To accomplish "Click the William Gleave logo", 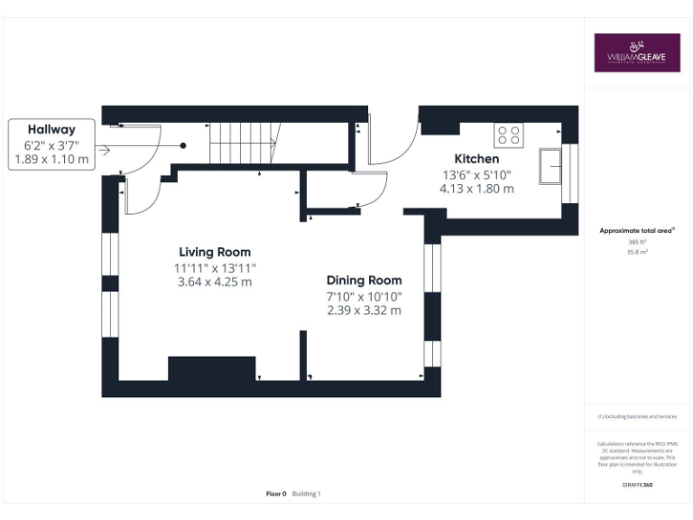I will tap(636, 52).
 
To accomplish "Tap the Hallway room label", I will tap(51, 129).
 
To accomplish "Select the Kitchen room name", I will tap(476, 159).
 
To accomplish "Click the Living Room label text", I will tap(215, 252).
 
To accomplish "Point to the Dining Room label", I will tap(364, 281).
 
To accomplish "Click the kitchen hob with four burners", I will tap(508, 135).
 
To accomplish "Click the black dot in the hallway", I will tap(183, 144).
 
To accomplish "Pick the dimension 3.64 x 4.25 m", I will tap(215, 282).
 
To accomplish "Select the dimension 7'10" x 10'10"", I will tap(364, 296).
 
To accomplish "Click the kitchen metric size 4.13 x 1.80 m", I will tap(476, 189).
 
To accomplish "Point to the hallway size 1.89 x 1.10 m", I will tap(51, 159).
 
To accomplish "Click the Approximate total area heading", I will tap(636, 231).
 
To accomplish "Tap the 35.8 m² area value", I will tap(636, 253).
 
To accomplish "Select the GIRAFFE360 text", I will tap(636, 485).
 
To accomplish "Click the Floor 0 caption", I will tap(276, 494).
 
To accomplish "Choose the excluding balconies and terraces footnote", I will tap(636, 416).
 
